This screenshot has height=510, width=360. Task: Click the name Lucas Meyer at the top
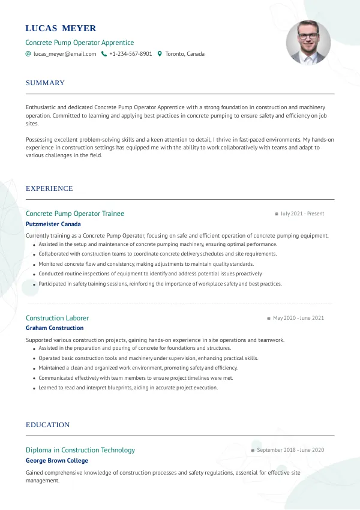(x=61, y=28)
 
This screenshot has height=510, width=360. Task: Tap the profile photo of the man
(x=308, y=43)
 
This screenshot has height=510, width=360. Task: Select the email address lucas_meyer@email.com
(x=65, y=54)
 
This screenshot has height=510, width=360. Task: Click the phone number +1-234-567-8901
(x=130, y=54)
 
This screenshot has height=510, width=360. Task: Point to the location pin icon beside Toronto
(x=160, y=54)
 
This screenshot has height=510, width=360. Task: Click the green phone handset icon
(x=104, y=54)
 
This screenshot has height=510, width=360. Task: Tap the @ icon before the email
(x=28, y=54)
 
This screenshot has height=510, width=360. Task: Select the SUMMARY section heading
(x=45, y=83)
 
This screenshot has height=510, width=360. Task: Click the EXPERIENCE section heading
(x=49, y=188)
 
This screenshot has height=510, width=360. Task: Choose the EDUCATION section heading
(x=47, y=425)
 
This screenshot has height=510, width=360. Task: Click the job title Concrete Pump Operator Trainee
(x=75, y=214)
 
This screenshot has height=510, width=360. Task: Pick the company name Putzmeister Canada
(x=53, y=224)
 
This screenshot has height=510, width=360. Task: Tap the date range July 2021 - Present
(x=302, y=214)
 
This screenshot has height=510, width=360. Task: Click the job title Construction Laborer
(x=57, y=318)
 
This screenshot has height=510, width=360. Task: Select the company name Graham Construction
(x=55, y=328)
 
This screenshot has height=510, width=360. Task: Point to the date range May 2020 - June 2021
(x=298, y=318)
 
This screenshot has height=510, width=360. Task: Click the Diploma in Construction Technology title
(x=80, y=450)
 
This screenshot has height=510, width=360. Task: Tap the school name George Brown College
(x=57, y=461)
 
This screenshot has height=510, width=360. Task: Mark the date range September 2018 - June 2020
(x=290, y=450)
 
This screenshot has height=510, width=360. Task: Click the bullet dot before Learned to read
(x=34, y=388)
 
